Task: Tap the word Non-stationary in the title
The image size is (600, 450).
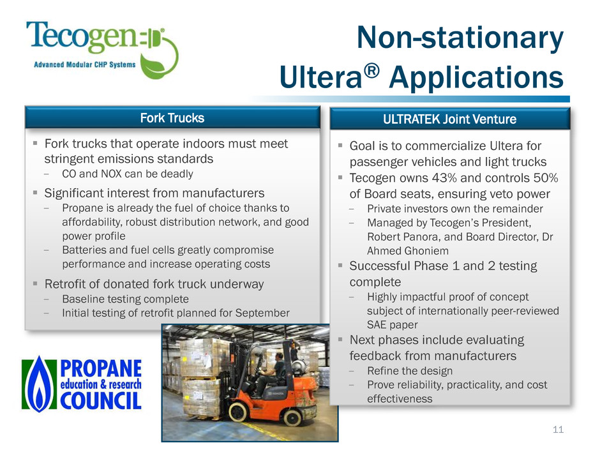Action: tap(460, 38)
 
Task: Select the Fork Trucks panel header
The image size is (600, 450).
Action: tap(172, 117)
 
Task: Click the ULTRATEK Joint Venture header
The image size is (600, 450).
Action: tap(449, 119)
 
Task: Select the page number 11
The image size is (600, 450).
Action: tap(559, 430)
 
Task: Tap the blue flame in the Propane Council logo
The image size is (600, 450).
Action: tap(39, 384)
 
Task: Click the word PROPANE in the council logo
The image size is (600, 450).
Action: tap(101, 368)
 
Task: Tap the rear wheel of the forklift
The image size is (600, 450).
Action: tap(292, 417)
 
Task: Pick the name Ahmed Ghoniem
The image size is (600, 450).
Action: tap(408, 251)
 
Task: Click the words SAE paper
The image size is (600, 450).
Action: tap(392, 325)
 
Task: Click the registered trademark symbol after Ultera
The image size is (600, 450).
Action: tap(371, 70)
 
